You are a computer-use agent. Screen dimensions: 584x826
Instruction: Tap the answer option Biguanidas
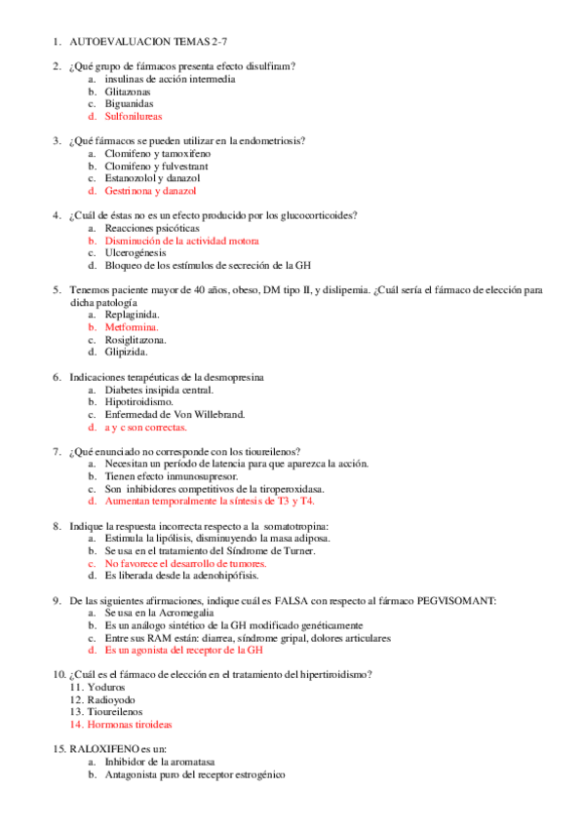[129, 103]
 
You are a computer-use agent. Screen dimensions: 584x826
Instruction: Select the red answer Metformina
[132, 327]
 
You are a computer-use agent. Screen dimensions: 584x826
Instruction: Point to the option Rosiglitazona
[136, 340]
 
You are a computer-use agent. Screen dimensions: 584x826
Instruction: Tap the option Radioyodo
[114, 700]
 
